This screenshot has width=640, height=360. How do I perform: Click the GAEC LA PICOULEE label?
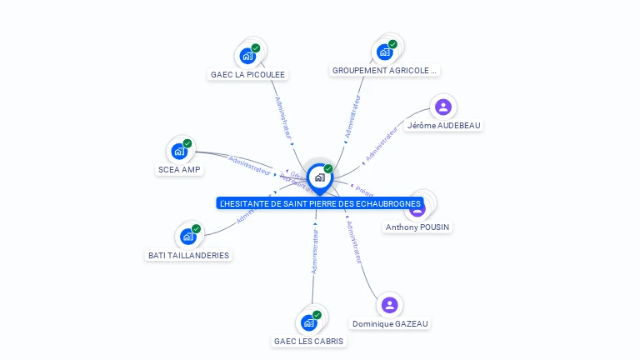pos(247,74)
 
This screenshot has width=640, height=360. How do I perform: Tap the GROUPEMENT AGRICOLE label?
pos(384,71)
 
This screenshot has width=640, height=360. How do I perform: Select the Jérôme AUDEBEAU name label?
pos(443,125)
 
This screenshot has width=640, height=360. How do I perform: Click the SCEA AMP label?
pos(179,169)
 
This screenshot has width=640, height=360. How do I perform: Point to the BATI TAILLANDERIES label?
pos(188,255)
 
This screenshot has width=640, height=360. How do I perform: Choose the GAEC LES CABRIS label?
pos(308,341)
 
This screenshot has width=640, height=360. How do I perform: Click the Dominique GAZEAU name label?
pos(391,323)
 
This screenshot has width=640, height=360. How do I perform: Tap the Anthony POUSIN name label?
pos(418,227)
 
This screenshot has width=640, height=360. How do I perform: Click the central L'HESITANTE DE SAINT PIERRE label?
pos(320,203)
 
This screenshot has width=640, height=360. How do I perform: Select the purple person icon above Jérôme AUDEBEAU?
pos(443,107)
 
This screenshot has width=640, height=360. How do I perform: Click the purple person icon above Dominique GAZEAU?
pos(389,304)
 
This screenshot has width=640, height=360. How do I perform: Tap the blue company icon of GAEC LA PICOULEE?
pos(247,56)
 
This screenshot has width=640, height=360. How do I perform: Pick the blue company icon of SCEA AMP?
pos(178,151)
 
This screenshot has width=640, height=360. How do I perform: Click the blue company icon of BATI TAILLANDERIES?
pos(188,237)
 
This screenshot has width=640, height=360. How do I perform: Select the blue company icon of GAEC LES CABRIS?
pos(308,322)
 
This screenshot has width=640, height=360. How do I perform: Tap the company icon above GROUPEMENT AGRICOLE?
pos(385,52)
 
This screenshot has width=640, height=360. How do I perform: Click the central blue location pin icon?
pos(319,177)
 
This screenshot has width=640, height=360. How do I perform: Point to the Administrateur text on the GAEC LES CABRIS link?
pos(315,252)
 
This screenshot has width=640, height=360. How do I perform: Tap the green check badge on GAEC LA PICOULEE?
pos(256,48)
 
